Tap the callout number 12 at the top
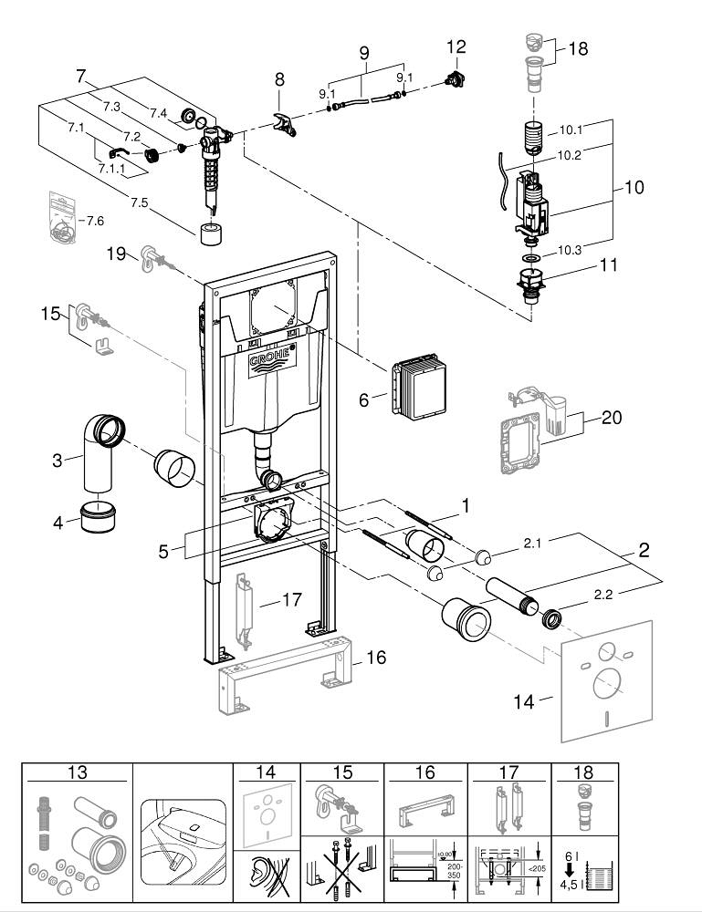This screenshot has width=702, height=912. click(456, 46)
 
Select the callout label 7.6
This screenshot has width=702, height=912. click(95, 222)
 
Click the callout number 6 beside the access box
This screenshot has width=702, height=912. click(365, 399)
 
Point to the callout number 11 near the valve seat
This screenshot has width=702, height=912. click(608, 266)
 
